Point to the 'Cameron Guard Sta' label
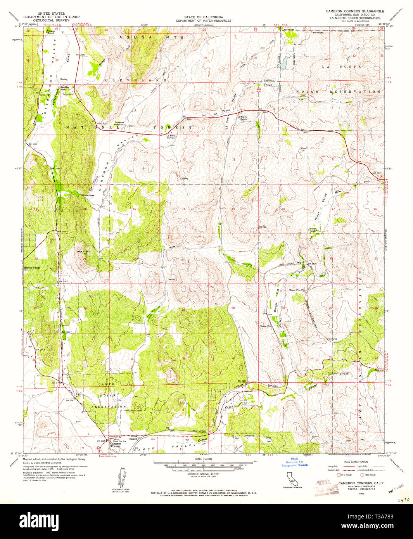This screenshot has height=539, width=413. (119, 123)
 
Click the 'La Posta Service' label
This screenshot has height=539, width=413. (171, 136)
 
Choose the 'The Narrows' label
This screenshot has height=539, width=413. (86, 195)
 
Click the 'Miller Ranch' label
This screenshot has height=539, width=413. (314, 230)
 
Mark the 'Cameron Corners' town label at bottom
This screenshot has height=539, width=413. (115, 446)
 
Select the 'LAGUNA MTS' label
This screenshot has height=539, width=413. (147, 38)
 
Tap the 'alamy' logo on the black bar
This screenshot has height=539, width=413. (39, 520)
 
